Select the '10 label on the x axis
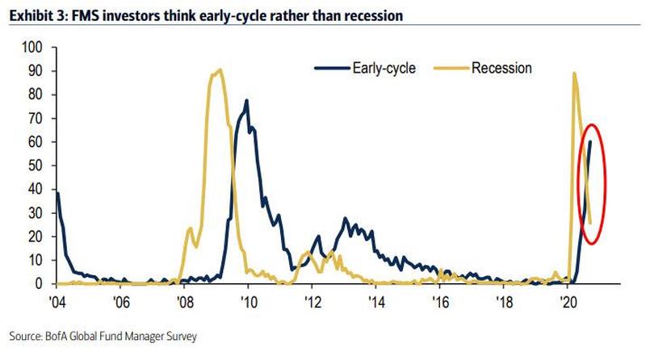point(248,299)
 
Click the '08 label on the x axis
point(185,299)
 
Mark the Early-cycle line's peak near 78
point(246,100)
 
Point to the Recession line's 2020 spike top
point(573,73)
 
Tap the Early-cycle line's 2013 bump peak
point(346,218)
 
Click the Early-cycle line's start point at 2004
point(55,192)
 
